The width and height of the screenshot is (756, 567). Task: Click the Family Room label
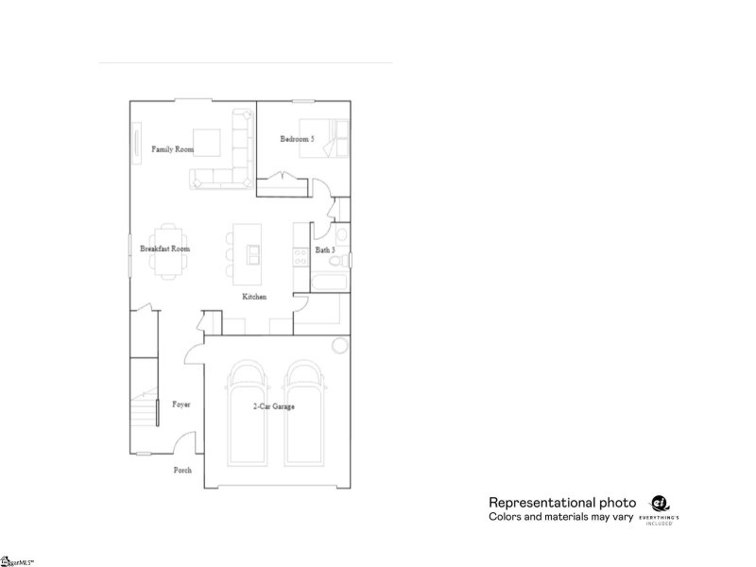coord(172,149)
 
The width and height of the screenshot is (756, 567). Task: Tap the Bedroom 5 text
coord(297,140)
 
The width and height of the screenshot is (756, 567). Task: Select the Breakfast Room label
coord(165,249)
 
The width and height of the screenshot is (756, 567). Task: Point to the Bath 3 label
coord(325,250)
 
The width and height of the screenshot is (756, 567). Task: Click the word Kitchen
coord(254,297)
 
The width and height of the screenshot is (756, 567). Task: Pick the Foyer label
coord(181,404)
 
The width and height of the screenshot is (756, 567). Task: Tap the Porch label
coord(183,470)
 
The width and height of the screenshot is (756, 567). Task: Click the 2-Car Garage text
coord(274,407)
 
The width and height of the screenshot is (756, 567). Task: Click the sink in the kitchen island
coord(253,253)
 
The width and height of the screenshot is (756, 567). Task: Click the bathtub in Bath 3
coord(329,282)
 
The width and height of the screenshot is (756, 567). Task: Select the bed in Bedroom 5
coord(330,141)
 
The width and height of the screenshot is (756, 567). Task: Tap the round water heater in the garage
coord(339,345)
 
